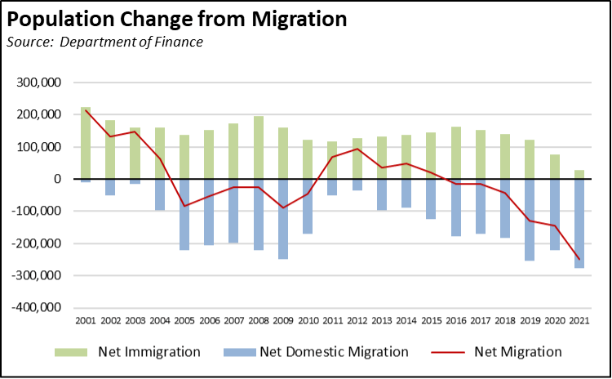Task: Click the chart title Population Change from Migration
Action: click(176, 17)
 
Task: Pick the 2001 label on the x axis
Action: click(86, 321)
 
